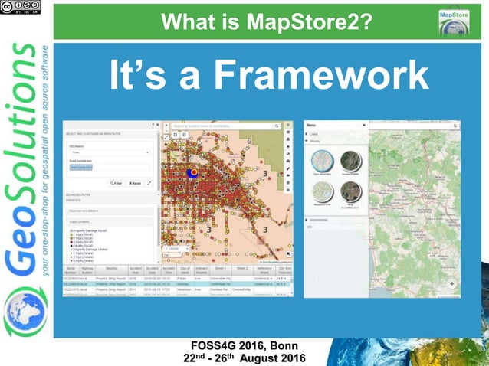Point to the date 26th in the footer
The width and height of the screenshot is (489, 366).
pyautogui.click(x=230, y=358)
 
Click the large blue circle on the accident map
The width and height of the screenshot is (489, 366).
pyautogui.click(x=193, y=172)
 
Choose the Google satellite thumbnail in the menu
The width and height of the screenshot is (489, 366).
pyautogui.click(x=350, y=162)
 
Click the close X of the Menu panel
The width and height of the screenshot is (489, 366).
pyautogui.click(x=364, y=125)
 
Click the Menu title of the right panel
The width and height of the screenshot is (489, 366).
pyautogui.click(x=311, y=125)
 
